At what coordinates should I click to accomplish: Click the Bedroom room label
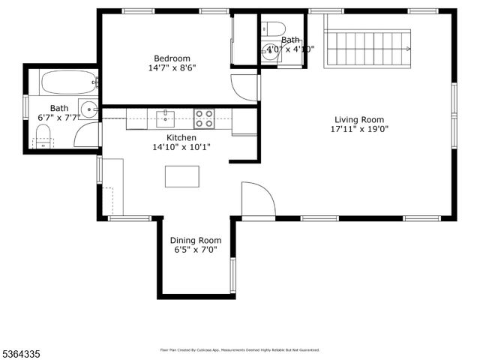pos(172,58)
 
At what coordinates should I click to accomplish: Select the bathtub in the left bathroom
pos(68,82)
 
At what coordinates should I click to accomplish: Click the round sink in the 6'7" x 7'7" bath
pos(89,109)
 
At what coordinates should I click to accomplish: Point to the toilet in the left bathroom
pos(43,136)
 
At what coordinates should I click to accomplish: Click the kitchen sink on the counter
pos(166,117)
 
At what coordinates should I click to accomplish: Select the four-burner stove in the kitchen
pos(204,118)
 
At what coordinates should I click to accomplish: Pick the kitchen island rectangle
pos(182,176)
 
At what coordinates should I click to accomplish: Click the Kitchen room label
pos(181,138)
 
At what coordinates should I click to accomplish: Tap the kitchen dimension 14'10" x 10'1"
pos(181,148)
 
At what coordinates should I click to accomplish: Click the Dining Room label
pos(195,241)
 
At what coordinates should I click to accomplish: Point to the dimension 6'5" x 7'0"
pos(195,250)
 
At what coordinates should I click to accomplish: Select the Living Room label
pos(359,119)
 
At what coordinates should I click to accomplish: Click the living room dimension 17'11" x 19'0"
pos(359,129)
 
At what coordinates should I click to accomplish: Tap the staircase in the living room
pos(368,49)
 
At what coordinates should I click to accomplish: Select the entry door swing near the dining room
pos(257,199)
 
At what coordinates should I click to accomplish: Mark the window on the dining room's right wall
pos(232,275)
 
